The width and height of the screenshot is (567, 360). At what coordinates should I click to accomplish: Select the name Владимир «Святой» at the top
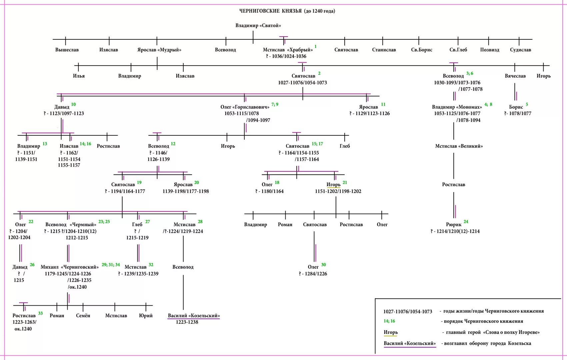coord(258,25)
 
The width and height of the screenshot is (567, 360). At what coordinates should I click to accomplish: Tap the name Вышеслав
coord(67,50)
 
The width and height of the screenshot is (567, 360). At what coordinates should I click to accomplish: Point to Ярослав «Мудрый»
coord(159,50)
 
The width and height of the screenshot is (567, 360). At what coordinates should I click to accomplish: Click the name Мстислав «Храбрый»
coord(288,50)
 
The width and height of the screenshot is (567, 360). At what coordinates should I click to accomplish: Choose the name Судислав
coord(520,50)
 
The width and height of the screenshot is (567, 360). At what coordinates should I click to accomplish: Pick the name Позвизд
coord(490,50)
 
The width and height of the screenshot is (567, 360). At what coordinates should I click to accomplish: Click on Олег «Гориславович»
coord(245,107)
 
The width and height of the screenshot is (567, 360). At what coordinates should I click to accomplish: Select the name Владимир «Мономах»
coord(457,107)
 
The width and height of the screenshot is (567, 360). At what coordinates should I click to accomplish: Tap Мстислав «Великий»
coord(459,146)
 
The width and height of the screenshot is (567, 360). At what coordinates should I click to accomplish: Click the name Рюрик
coord(453,225)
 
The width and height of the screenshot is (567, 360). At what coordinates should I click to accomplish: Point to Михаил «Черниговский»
coord(70,267)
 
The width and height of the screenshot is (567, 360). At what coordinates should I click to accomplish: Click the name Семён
coord(83,316)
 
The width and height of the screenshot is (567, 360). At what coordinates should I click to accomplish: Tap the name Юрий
coord(146,316)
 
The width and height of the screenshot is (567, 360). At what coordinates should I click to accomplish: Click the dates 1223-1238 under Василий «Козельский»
coord(187,322)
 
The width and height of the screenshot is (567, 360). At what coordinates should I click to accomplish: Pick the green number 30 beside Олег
coord(323,265)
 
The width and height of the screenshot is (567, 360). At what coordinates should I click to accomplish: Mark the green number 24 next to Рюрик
coord(466,222)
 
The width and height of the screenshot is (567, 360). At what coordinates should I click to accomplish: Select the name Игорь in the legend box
coord(391,332)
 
